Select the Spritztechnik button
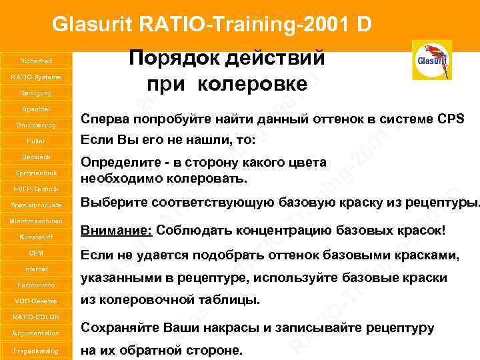[x=36, y=173]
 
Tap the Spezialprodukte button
[x=36, y=205]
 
